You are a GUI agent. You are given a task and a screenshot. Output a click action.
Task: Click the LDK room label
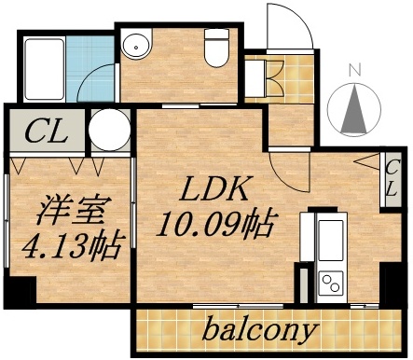click(x=213, y=190)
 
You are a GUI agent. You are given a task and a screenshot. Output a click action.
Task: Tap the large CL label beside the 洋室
click(x=46, y=131)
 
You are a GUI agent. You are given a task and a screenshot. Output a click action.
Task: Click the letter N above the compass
click(x=353, y=70)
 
